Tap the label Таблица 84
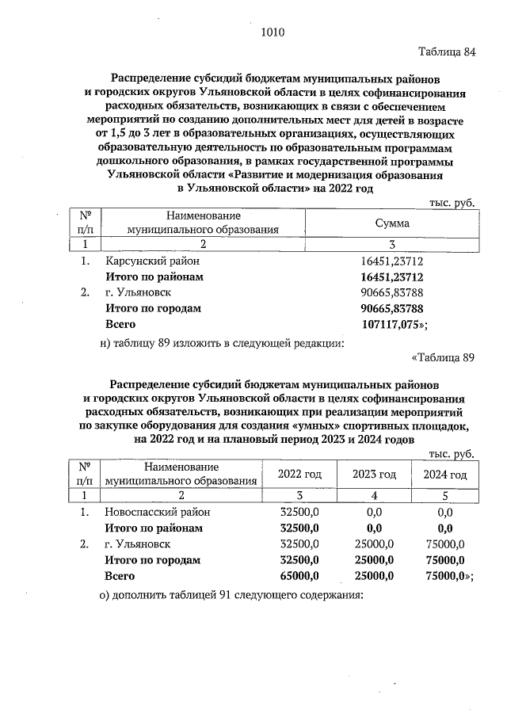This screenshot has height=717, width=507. tap(447, 53)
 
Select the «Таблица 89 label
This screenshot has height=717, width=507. tap(443, 357)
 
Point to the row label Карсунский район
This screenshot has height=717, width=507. tap(152, 261)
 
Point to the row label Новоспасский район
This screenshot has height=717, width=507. tap(159, 513)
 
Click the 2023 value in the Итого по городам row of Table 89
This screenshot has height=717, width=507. tap(375, 560)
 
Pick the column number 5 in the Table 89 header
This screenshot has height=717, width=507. tap(445, 495)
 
